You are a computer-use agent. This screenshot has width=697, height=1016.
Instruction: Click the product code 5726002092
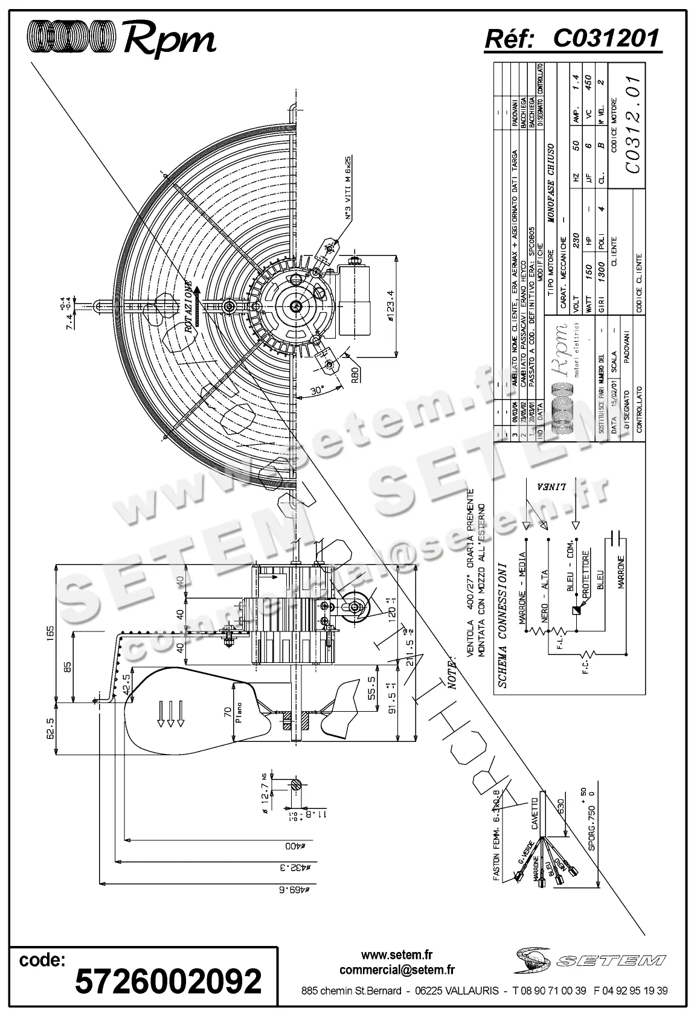[168, 980]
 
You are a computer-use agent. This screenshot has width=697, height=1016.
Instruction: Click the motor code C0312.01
[631, 124]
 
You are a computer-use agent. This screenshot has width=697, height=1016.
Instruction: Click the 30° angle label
[316, 389]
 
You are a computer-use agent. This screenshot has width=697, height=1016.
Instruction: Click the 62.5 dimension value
[50, 727]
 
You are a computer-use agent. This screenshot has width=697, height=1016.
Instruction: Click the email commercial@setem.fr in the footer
[397, 970]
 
